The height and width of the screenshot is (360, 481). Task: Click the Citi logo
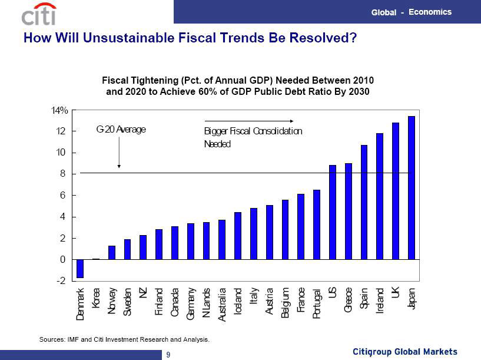[39, 14]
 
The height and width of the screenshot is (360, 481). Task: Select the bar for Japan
[412, 188]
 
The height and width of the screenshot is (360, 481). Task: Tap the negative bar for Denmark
[80, 269]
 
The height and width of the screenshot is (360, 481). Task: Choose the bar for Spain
[364, 202]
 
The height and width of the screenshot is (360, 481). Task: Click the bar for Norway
[112, 253]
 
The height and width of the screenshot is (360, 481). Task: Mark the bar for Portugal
[317, 224]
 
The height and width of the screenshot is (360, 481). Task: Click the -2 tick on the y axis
[61, 281]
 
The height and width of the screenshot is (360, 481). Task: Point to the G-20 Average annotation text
[120, 129]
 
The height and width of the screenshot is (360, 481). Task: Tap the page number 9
[168, 354]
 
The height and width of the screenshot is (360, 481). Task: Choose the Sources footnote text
[124, 340]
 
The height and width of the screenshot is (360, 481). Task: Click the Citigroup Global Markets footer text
[404, 352]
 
